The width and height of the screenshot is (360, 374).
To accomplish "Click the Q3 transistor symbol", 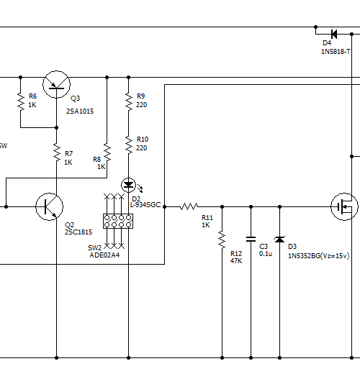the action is [x=56, y=84].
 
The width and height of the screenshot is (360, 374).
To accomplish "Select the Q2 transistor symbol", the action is [x=49, y=206].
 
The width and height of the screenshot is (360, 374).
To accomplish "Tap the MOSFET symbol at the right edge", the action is [x=344, y=206].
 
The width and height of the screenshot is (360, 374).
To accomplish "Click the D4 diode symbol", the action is [x=334, y=34].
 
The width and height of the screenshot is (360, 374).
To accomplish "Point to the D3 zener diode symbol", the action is [x=279, y=240].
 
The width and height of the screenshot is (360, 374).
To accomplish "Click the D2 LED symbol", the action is [x=129, y=185].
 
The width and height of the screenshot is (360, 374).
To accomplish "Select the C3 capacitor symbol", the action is [x=251, y=239].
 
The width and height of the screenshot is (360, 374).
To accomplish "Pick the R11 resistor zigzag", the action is [x=189, y=206].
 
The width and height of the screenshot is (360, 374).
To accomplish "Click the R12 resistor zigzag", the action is [x=222, y=240].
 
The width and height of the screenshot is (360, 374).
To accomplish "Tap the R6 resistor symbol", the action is [x=21, y=102].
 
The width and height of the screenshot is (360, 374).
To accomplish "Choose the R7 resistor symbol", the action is [x=57, y=152].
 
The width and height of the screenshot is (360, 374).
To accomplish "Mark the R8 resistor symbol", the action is [x=107, y=152].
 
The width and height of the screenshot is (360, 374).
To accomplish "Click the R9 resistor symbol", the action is [x=129, y=102].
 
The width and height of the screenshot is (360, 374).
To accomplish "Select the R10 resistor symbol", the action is [x=129, y=145].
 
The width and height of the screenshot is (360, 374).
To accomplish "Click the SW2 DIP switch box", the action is [x=118, y=221].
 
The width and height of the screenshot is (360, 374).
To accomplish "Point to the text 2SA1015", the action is [x=80, y=111].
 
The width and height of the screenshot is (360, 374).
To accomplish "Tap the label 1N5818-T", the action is [x=336, y=52].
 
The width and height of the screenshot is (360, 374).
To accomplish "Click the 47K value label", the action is [x=236, y=261].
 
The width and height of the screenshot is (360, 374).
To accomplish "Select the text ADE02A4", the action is [x=104, y=255].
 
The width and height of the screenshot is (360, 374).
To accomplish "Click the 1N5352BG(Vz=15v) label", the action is [x=318, y=256].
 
